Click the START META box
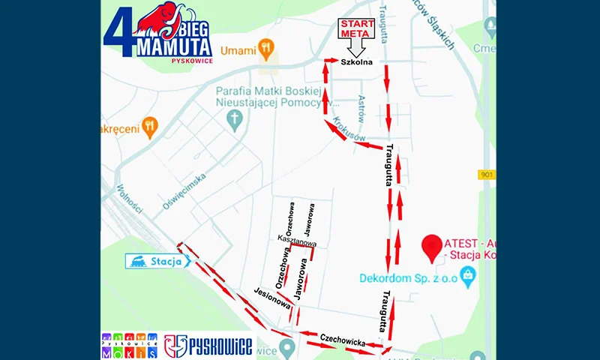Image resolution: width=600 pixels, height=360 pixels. pyautogui.click(x=357, y=28)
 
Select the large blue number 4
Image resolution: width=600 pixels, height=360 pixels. pyautogui.click(x=119, y=34)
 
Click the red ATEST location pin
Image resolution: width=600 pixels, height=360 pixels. pyautogui.click(x=430, y=247)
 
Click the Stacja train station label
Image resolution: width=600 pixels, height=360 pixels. pyautogui.click(x=158, y=261)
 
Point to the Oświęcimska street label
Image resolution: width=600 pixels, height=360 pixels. pyautogui.click(x=184, y=190)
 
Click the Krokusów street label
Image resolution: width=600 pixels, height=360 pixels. pyautogui.click(x=349, y=128)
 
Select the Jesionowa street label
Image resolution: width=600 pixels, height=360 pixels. pyautogui.click(x=271, y=298)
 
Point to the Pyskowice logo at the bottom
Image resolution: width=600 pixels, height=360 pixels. pyautogui.click(x=208, y=346)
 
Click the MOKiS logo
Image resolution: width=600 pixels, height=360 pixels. pyautogui.click(x=129, y=346)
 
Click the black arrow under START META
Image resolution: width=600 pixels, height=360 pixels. pyautogui.click(x=357, y=47)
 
